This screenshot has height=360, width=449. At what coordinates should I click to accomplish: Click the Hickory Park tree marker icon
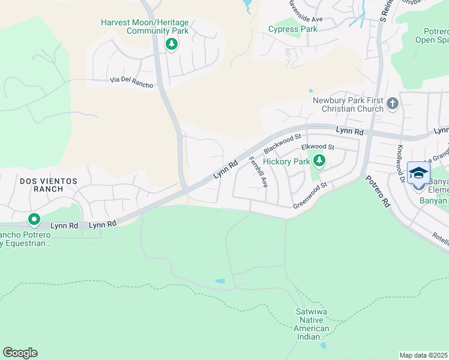point(320,160)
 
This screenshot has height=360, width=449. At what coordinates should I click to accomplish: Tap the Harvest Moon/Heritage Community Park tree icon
point(172,44)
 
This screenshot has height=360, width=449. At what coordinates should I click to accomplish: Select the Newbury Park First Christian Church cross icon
point(393,104)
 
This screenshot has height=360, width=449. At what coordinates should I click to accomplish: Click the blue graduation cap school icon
point(418,174)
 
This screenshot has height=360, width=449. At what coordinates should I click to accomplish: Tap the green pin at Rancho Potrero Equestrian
point(34,220)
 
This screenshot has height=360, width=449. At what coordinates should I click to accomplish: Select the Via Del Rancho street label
point(131,82)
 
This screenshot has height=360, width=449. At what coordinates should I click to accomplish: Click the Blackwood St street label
point(281,143)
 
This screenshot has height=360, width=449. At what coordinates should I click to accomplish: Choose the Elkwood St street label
point(318,146)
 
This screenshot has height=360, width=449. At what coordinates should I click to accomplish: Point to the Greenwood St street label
point(309,198)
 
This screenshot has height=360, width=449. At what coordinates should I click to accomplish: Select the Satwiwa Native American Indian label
point(313,324)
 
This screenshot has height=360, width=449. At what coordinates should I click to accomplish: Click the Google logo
point(20,353)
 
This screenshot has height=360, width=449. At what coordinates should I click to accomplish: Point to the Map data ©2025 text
point(423,355)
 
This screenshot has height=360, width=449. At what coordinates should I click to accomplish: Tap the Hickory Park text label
point(286,161)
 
